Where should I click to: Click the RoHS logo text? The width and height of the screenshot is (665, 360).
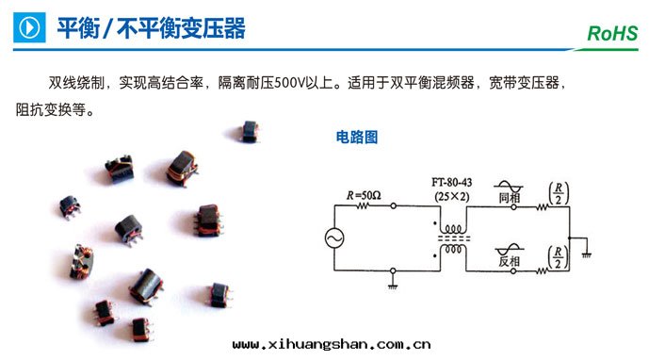coord(612,34)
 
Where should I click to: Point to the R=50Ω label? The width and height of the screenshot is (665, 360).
coord(363,195)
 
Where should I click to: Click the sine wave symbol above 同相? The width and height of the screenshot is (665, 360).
coord(509,187)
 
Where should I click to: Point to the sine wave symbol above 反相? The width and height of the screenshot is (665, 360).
coord(509,246)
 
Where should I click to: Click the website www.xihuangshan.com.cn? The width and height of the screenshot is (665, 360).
coord(332,345)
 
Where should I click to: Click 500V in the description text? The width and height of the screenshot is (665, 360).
coord(290,82)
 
